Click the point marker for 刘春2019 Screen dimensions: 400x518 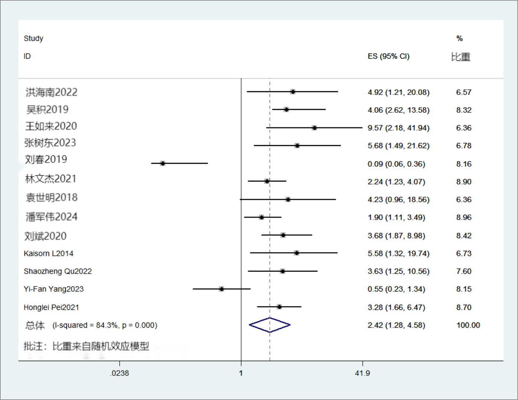click(x=162, y=163)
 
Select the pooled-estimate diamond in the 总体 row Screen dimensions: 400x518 click(x=270, y=325)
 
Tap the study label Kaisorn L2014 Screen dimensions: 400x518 click(x=48, y=253)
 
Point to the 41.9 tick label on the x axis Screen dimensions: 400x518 click(x=362, y=373)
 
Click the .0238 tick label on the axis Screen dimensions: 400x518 click(x=119, y=373)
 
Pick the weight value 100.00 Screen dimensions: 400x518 click(x=468, y=325)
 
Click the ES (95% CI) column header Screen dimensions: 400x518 click(x=388, y=56)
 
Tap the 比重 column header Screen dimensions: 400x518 click(x=460, y=57)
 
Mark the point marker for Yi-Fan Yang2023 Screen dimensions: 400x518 click(x=221, y=289)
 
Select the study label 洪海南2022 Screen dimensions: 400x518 click(x=51, y=92)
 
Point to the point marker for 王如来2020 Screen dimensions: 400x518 click(x=314, y=128)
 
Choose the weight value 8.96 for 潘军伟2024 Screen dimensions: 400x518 click(x=463, y=217)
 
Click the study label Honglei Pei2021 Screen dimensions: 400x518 click(x=51, y=307)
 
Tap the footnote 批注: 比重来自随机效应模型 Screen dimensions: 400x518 click(x=86, y=346)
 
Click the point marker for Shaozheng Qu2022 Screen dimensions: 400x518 click(x=282, y=271)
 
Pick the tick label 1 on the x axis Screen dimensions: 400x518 click(x=241, y=373)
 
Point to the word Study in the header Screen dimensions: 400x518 click(x=33, y=38)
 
